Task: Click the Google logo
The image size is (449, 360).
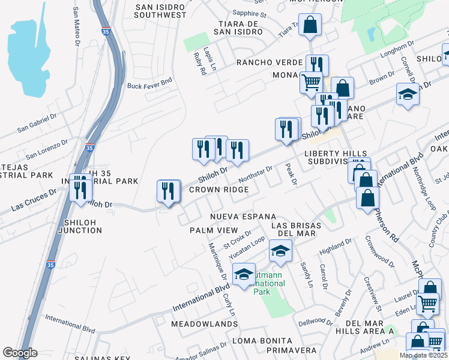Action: pos(20,353)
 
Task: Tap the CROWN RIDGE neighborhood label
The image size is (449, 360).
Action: pos(218,190)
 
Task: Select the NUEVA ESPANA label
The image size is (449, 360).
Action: pos(243,216)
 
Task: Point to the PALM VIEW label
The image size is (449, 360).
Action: pos(214,230)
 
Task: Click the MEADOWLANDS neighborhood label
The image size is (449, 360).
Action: pos(205,324)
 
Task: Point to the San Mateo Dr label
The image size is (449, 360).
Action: pos(76,27)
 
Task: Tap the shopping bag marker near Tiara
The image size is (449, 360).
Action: pos(310,25)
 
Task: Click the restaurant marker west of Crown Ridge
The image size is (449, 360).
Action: pos(169,191)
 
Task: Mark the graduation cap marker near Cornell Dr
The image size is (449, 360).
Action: pos(408,94)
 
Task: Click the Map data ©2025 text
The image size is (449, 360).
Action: pos(423,355)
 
